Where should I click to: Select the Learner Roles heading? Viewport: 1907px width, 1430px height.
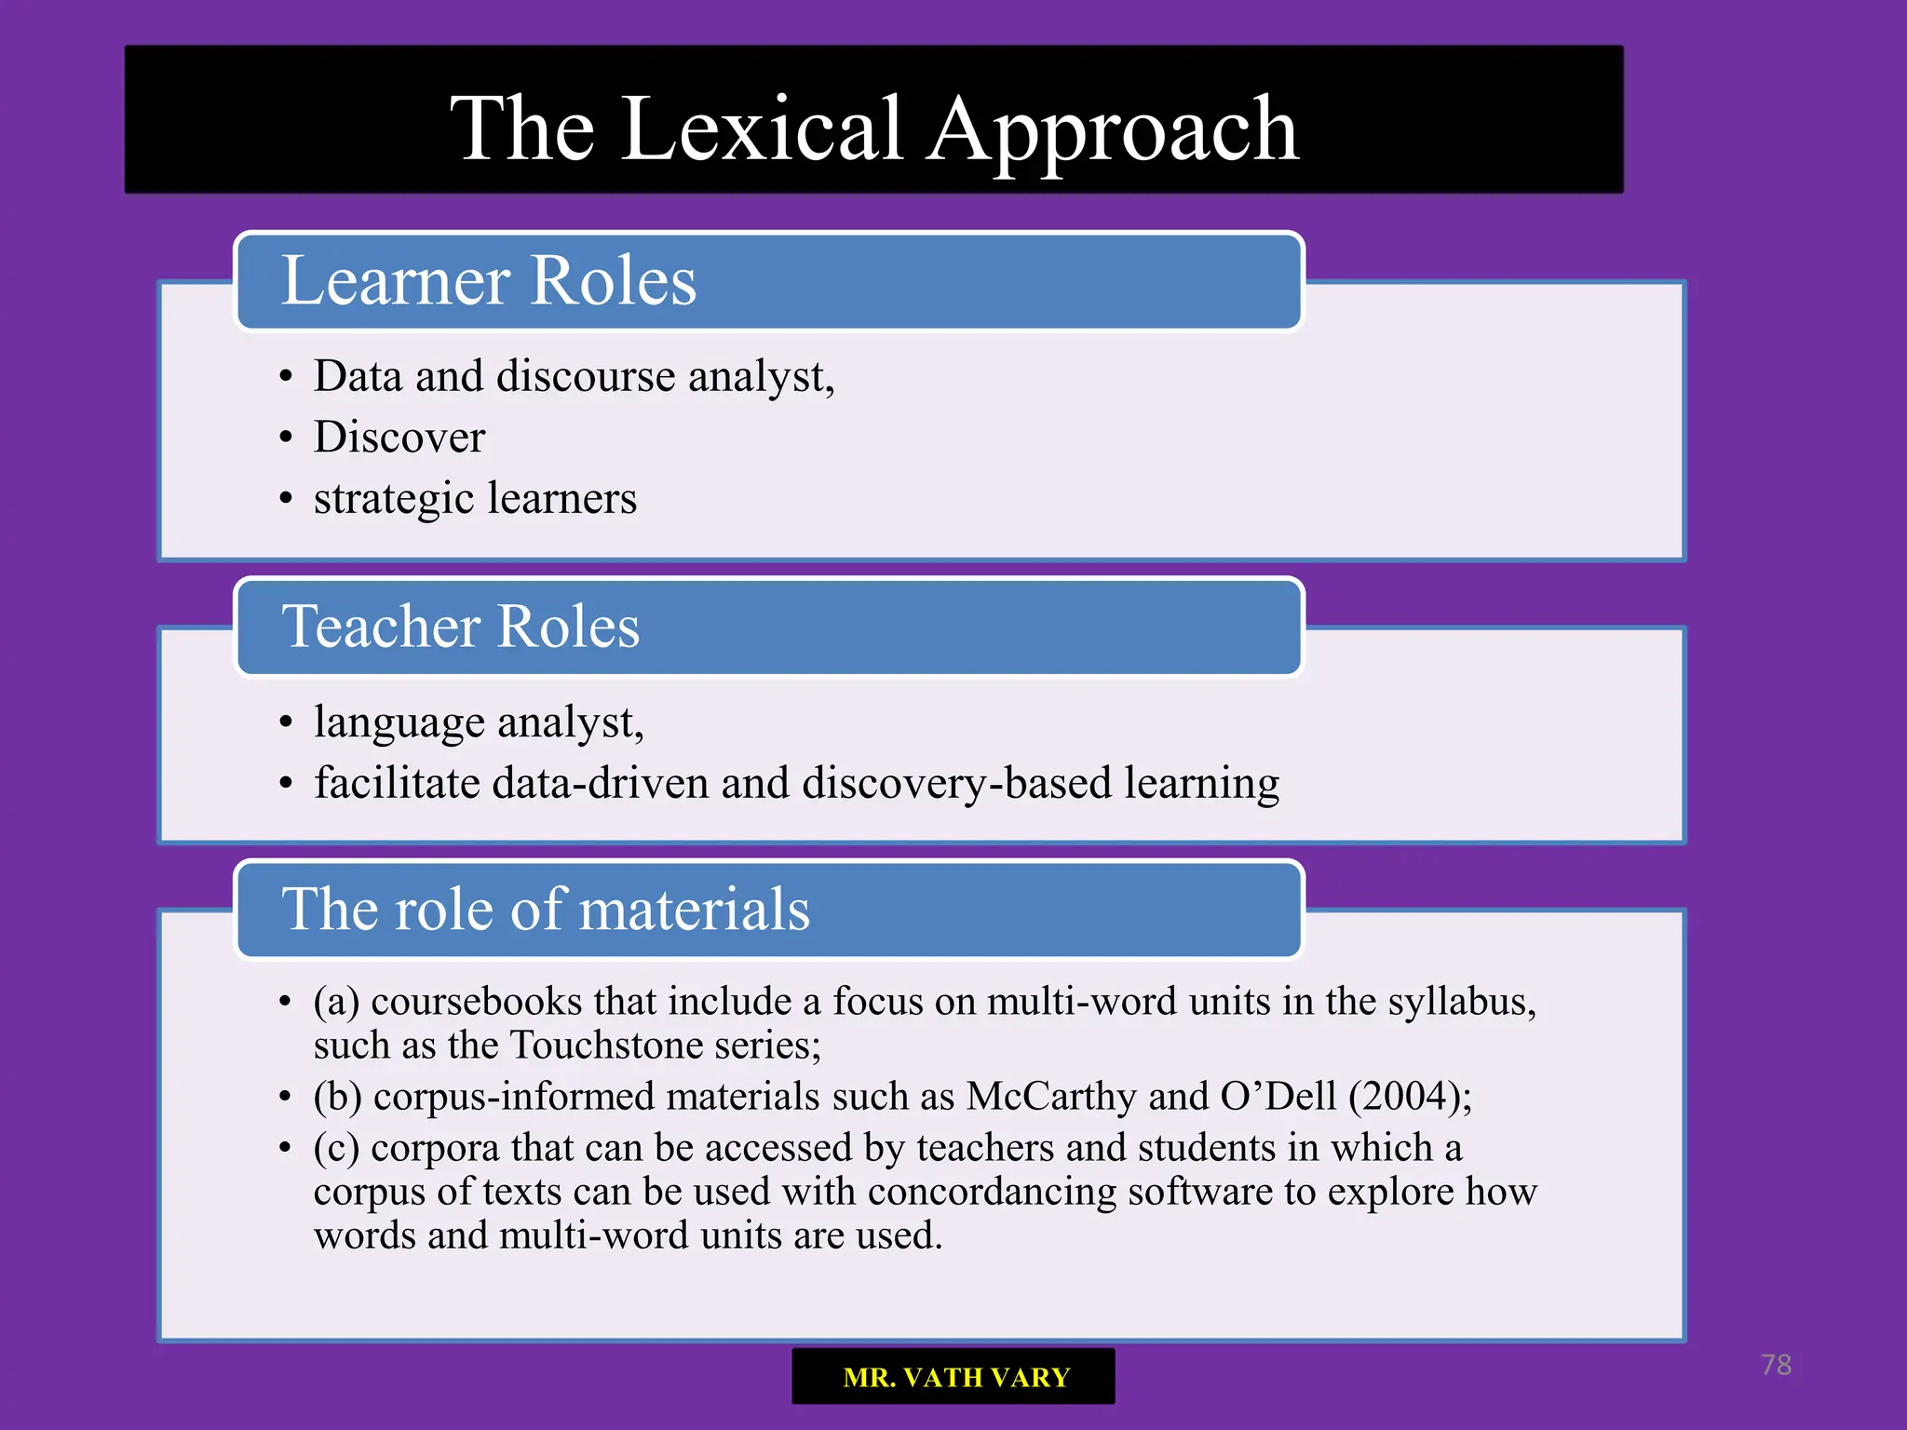[489, 280]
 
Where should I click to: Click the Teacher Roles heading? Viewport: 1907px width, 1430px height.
[461, 626]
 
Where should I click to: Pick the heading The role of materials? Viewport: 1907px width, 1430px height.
[546, 909]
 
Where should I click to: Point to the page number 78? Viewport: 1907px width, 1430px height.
[1776, 1365]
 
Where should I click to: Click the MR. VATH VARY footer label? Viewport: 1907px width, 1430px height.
[955, 1377]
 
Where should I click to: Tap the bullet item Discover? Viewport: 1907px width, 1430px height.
[399, 438]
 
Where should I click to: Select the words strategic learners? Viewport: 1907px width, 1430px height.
[475, 499]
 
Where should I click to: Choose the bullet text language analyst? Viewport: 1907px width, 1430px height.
[478, 723]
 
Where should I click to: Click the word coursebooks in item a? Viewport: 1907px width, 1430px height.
[477, 1002]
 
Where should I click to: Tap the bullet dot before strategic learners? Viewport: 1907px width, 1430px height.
[286, 499]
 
